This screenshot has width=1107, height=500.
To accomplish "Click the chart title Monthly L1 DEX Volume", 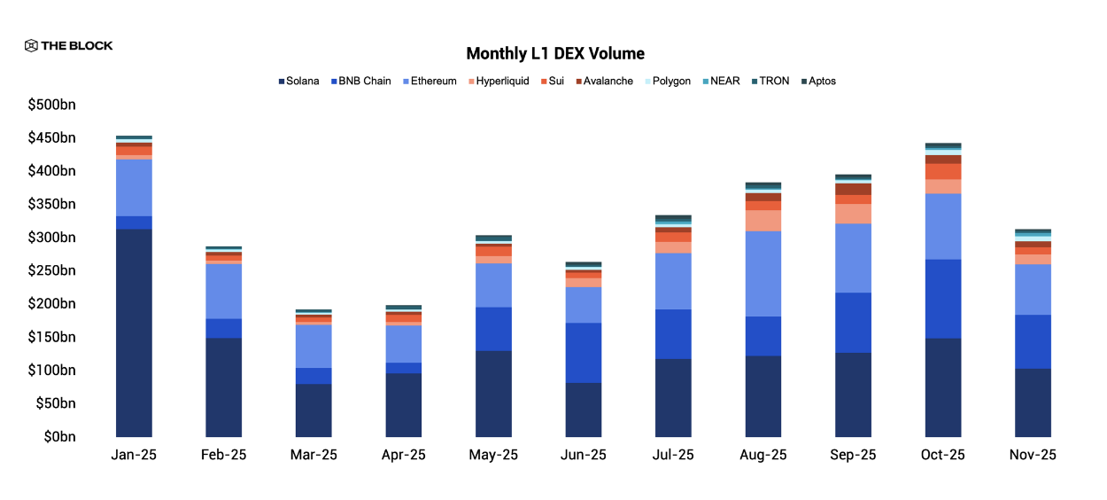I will pyautogui.click(x=554, y=53).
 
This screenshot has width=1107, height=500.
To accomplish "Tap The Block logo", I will pyautogui.click(x=68, y=45).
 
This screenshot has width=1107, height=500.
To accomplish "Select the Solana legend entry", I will pyautogui.click(x=298, y=81).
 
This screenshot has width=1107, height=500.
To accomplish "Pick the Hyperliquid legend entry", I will pyautogui.click(x=497, y=81).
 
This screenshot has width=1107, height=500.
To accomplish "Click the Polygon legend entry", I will pyautogui.click(x=668, y=81).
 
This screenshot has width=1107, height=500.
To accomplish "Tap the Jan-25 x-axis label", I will pyautogui.click(x=134, y=455).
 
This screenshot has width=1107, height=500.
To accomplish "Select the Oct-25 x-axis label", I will pyautogui.click(x=943, y=455).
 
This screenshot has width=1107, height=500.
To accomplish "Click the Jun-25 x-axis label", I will pyautogui.click(x=584, y=455).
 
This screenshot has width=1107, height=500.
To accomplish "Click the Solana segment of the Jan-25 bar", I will pyautogui.click(x=134, y=332).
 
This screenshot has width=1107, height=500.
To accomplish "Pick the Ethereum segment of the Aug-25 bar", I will pyautogui.click(x=763, y=273).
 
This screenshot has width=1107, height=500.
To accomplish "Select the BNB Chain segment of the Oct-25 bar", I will pyautogui.click(x=943, y=298).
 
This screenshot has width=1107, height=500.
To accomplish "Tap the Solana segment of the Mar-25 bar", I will pyautogui.click(x=314, y=410).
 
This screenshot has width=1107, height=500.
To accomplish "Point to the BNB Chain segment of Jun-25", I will pyautogui.click(x=584, y=352).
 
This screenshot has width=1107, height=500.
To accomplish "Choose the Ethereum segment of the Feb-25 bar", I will pyautogui.click(x=223, y=291).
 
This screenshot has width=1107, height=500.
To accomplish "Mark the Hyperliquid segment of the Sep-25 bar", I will pyautogui.click(x=853, y=214).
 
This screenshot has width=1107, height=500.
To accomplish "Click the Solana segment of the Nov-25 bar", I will pyautogui.click(x=1033, y=402).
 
